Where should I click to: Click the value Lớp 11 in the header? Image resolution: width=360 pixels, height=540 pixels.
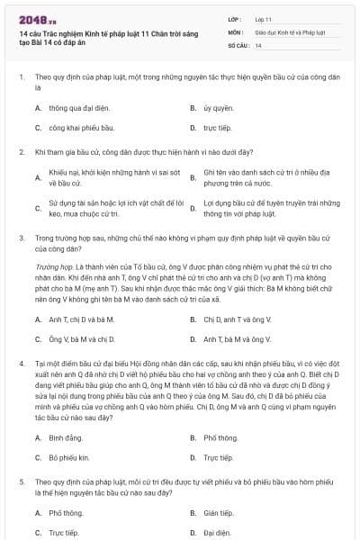[x=264, y=18]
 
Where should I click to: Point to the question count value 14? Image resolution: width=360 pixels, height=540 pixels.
[x=258, y=45]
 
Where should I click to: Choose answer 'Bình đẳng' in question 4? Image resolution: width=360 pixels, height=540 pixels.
[x=65, y=437]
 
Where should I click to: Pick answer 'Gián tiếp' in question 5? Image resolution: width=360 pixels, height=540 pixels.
[x=219, y=512]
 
